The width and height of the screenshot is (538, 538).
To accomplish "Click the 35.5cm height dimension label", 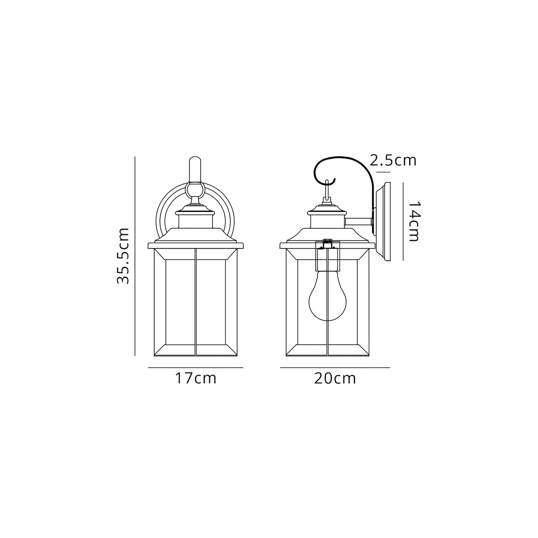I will pyautogui.click(x=122, y=256).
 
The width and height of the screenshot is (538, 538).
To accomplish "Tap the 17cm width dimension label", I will pyautogui.click(x=195, y=378).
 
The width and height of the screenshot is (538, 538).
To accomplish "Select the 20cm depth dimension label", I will pyautogui.click(x=335, y=378).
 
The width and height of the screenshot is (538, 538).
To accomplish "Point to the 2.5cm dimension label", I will pyautogui.click(x=393, y=160).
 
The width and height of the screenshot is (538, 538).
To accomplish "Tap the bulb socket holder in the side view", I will pyautogui.click(x=327, y=257).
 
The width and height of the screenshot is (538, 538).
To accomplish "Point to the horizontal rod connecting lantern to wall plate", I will pyautogui.click(x=358, y=222).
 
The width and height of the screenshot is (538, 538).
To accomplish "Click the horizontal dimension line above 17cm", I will pyautogui.click(x=195, y=367).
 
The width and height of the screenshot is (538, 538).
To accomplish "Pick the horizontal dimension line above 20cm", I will pyautogui.click(x=335, y=367).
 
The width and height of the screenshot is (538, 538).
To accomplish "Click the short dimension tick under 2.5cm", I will pyautogui.click(x=383, y=172).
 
